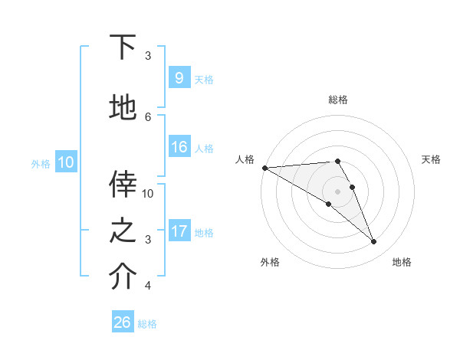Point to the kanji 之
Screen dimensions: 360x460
click(x=123, y=231)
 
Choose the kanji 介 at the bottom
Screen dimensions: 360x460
click(x=123, y=277)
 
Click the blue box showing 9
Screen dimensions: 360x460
click(x=179, y=77)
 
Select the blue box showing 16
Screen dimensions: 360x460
click(x=179, y=147)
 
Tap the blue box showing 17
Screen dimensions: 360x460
click(x=179, y=231)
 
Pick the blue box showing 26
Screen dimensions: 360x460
click(x=123, y=322)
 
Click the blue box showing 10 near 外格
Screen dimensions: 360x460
click(x=65, y=162)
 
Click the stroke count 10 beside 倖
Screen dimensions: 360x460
click(x=149, y=193)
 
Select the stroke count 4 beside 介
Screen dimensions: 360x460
click(x=149, y=286)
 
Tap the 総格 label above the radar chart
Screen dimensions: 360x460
click(x=338, y=100)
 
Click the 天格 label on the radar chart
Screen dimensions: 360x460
click(x=432, y=159)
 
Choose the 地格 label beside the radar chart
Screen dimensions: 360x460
click(x=402, y=262)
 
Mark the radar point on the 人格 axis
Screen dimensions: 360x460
click(x=264, y=167)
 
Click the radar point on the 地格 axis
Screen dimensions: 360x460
click(x=374, y=242)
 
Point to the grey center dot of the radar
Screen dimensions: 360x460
click(x=337, y=190)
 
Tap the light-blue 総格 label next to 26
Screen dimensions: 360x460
click(x=147, y=324)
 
